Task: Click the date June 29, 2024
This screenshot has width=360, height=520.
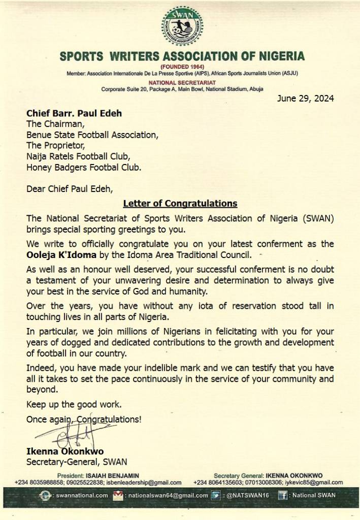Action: click(305, 99)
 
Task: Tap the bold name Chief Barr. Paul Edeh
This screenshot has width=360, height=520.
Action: click(74, 113)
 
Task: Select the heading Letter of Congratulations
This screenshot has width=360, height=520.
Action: click(180, 204)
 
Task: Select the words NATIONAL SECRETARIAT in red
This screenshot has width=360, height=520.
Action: click(182, 82)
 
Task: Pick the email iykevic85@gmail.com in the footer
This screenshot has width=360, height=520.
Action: click(315, 482)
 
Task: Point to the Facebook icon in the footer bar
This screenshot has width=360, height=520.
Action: click(282, 495)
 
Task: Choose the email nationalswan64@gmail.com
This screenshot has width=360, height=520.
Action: click(167, 495)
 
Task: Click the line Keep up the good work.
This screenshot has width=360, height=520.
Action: click(74, 405)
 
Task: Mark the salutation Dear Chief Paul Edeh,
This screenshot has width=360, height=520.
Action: click(70, 189)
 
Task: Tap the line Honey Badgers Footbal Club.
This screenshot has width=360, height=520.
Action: click(84, 167)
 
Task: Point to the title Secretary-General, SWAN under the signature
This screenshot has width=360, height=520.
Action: click(77, 462)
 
